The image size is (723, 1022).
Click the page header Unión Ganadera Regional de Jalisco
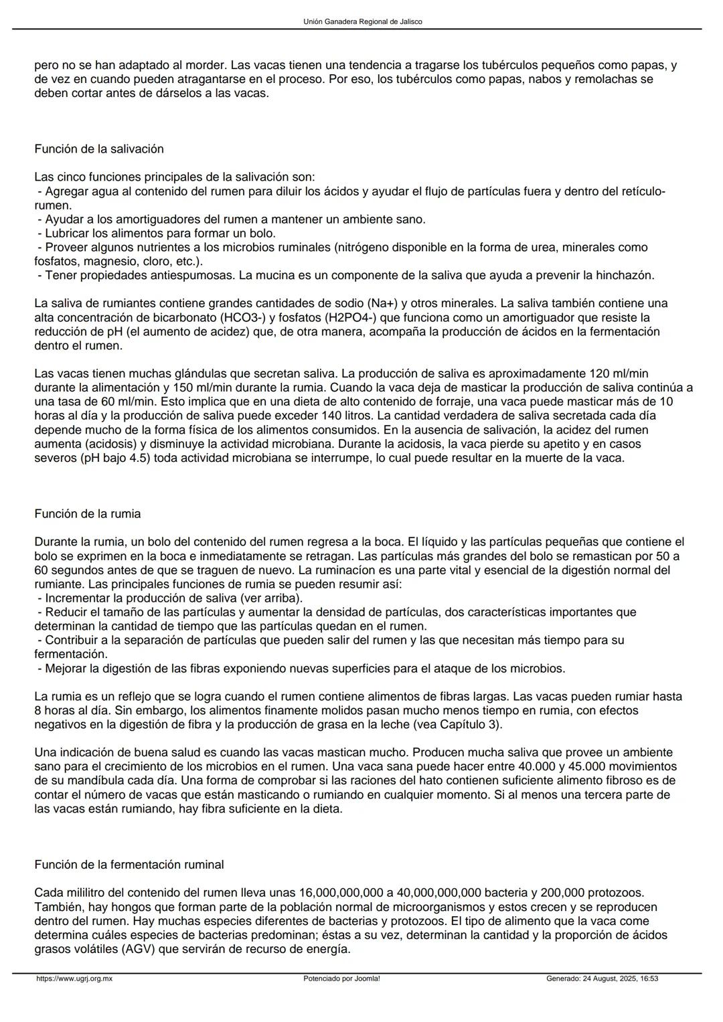coord(362,21)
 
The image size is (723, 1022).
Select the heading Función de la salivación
coord(99,149)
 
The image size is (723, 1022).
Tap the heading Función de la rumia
coord(88,514)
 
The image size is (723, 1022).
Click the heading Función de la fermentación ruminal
coord(129,865)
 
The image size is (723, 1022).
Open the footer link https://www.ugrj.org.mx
coord(74,978)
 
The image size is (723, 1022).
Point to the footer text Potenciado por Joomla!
coord(341,978)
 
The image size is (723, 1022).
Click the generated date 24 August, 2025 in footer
coord(602,978)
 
